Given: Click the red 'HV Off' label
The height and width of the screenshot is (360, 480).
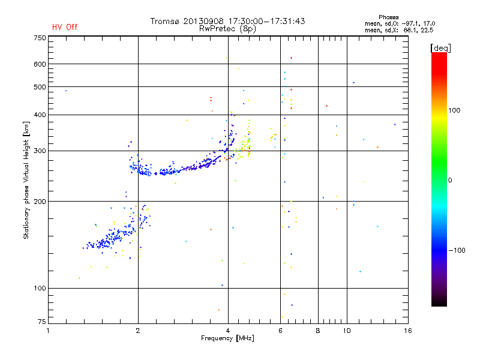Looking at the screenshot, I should click(x=65, y=27).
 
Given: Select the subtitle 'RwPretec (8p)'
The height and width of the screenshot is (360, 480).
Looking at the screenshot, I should click(x=228, y=28).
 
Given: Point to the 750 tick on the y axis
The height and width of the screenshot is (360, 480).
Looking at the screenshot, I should click(x=40, y=38).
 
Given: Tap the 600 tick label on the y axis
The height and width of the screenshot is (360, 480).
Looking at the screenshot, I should click(x=40, y=64).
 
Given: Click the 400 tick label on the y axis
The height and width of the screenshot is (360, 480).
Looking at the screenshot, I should click(x=40, y=115).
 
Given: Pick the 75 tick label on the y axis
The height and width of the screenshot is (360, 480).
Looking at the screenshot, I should click(x=41, y=322).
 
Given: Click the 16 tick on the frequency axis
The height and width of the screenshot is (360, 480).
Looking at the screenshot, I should click(x=407, y=331).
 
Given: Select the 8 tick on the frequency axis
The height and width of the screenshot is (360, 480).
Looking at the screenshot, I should click(x=318, y=331).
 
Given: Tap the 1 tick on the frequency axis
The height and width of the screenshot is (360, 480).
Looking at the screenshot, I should click(x=49, y=331).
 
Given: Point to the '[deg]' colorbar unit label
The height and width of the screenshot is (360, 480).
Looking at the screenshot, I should click(x=440, y=47).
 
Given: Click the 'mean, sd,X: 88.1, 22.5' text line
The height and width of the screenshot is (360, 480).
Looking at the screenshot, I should click(x=399, y=29).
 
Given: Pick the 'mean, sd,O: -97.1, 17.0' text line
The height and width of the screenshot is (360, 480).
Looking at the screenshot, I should click(x=399, y=23).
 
